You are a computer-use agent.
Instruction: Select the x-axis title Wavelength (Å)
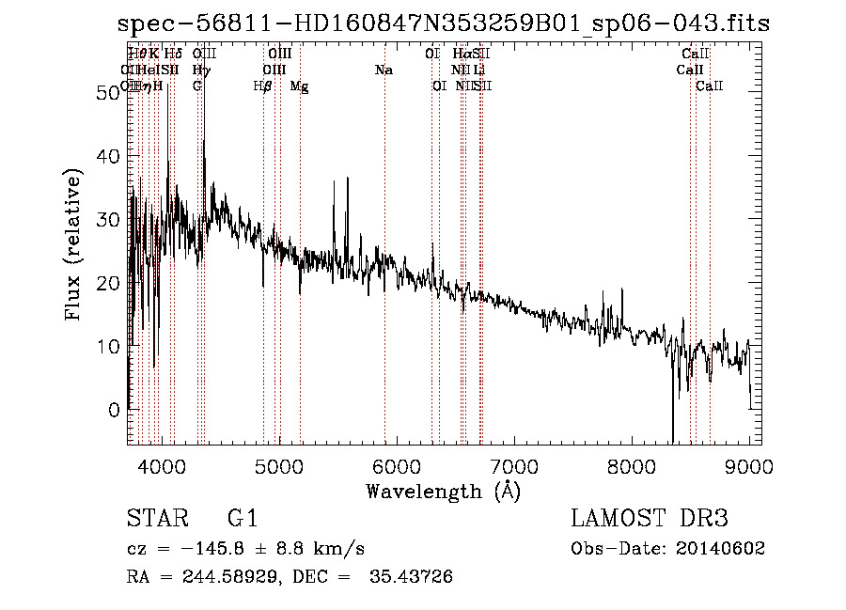coord(443,491)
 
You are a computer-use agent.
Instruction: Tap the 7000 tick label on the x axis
coord(514,467)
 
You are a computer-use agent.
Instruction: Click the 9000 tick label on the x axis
coord(749,467)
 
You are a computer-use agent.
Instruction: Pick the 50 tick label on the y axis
coord(106,92)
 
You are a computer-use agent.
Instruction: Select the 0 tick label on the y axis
coord(113,410)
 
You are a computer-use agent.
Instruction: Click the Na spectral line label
coord(384,70)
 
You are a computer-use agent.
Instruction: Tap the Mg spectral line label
coord(299,86)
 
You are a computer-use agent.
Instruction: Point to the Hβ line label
coord(263,86)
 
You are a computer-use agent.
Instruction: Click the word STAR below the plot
coord(155,520)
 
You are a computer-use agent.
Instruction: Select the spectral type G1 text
coord(243,520)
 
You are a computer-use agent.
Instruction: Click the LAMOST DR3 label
coord(650,520)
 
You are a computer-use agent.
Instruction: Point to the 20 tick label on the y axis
coord(106,283)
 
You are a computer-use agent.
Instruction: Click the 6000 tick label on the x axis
coord(397,467)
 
